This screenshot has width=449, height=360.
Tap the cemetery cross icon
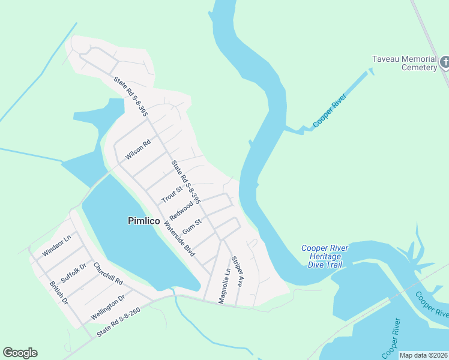[445, 61]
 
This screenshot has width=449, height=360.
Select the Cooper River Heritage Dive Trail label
[325, 256]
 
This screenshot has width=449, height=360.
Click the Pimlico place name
[144, 221]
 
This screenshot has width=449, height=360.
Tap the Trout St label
[172, 194]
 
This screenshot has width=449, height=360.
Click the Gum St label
[191, 226]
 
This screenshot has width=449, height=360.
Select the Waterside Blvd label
[179, 240]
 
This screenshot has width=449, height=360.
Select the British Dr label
[59, 292]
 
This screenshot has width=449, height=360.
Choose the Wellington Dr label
[107, 307]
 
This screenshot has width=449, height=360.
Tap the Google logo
[20, 353]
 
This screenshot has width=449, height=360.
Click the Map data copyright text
[423, 355]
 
